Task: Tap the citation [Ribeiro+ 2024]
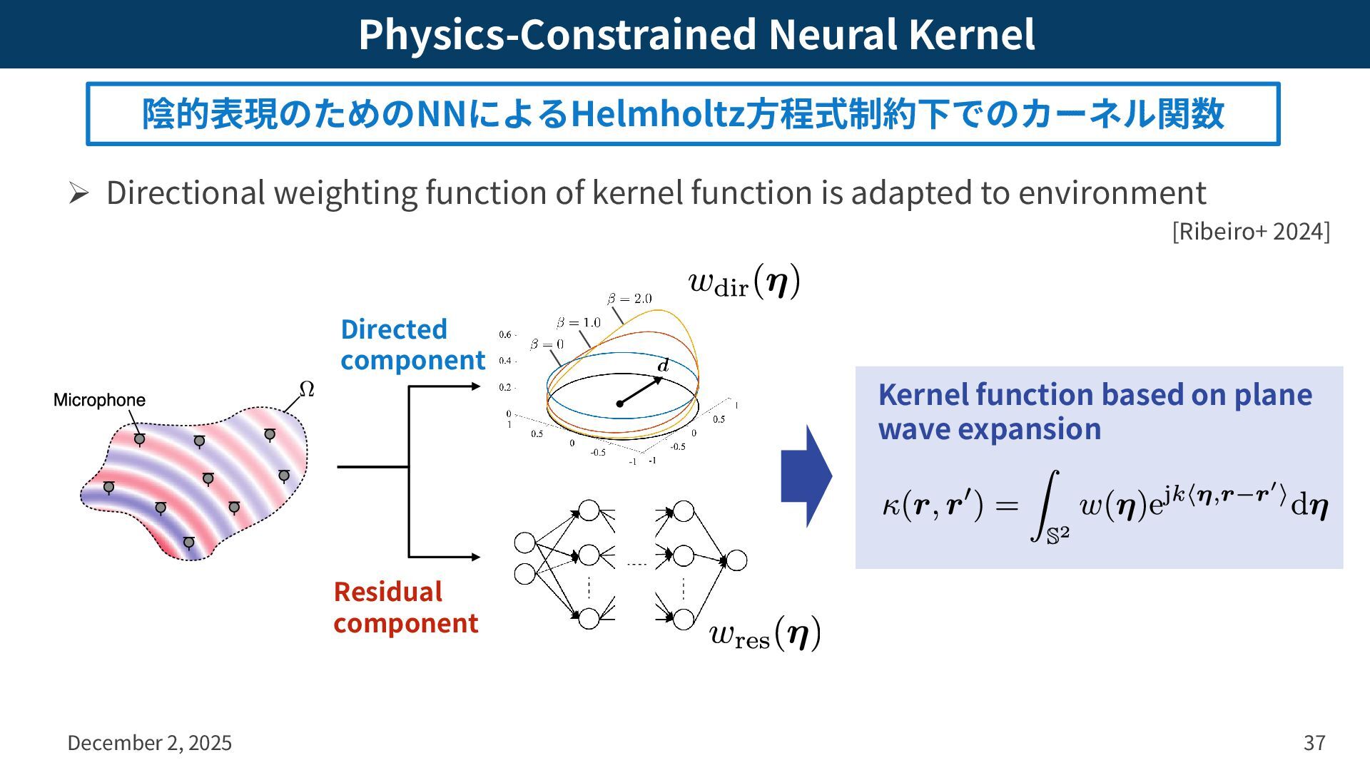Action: pyautogui.click(x=1250, y=231)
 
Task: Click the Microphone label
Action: pyautogui.click(x=99, y=400)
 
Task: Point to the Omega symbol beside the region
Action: pyautogui.click(x=306, y=389)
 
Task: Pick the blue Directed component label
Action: pyautogui.click(x=412, y=344)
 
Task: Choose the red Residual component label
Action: pyautogui.click(x=405, y=607)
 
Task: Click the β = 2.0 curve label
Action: pyautogui.click(x=629, y=299)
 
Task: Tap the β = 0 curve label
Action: pyautogui.click(x=547, y=344)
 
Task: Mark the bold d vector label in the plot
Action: pyautogui.click(x=663, y=366)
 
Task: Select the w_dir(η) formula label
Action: pyautogui.click(x=744, y=282)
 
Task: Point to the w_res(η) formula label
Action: pyautogui.click(x=764, y=633)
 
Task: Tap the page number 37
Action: pyautogui.click(x=1314, y=743)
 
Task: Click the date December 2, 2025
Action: pyautogui.click(x=149, y=743)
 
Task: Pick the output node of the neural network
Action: pyautogui.click(x=736, y=560)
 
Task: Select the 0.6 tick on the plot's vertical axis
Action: pyautogui.click(x=505, y=334)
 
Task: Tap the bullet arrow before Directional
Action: pyautogui.click(x=78, y=193)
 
